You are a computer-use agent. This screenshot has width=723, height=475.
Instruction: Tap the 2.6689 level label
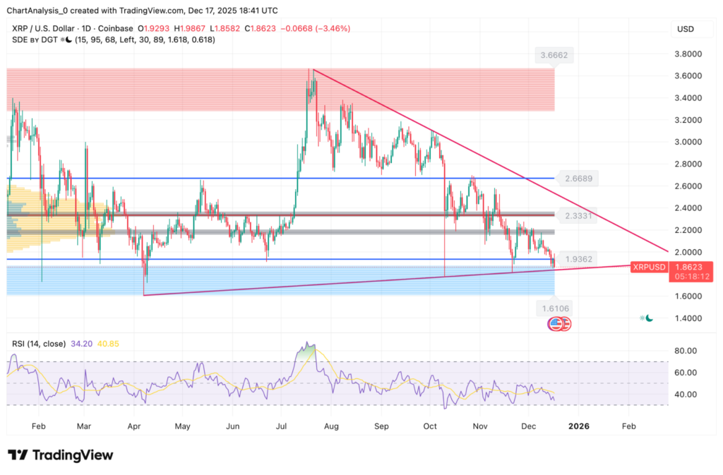tap(577, 179)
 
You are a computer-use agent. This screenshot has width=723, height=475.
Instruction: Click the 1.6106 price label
tap(554, 308)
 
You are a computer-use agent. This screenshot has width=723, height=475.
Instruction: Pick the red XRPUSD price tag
tap(649, 267)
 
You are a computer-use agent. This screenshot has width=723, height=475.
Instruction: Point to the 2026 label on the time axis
tap(578, 426)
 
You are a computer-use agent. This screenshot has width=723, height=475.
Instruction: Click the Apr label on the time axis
tap(134, 426)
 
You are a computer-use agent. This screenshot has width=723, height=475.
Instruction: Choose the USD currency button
tap(685, 29)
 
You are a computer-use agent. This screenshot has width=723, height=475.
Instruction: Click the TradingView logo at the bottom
tap(59, 455)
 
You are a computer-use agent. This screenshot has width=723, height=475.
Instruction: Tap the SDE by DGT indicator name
tap(35, 40)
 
